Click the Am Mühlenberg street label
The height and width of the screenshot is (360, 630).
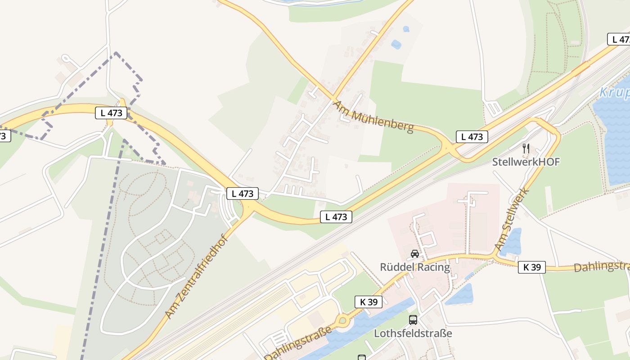coord(373,117)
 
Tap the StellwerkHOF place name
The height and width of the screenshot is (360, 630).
coord(526,162)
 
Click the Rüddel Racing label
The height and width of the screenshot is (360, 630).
coord(414,267)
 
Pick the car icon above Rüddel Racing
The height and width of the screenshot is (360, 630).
coord(414,254)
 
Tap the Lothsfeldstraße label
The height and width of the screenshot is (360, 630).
coord(413,333)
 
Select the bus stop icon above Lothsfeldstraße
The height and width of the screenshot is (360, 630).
coord(413,320)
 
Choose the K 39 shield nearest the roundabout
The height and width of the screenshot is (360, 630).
coord(369,302)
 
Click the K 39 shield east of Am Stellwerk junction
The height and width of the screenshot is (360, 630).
coord(531,267)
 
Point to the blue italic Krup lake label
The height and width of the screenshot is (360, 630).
coord(614,93)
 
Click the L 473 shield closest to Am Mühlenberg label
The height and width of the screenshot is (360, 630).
coord(472,137)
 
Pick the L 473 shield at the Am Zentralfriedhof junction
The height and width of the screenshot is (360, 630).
coord(242,194)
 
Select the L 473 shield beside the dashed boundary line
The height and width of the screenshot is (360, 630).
coord(111,113)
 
